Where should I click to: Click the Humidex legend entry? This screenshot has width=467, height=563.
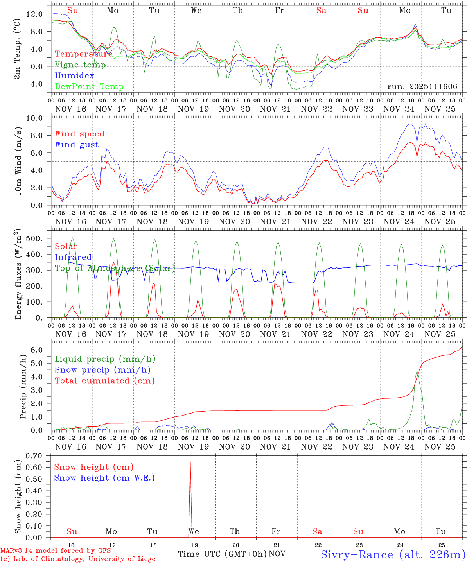pyautogui.click(x=74, y=76)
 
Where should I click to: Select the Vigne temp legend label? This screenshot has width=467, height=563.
pyautogui.click(x=80, y=65)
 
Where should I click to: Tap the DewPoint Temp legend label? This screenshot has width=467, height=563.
pyautogui.click(x=89, y=87)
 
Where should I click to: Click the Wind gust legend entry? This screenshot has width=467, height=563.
pyautogui.click(x=77, y=145)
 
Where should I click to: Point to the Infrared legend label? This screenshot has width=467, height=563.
pyautogui.click(x=73, y=257)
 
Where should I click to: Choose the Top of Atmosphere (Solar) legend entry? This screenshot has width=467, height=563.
pyautogui.click(x=115, y=268)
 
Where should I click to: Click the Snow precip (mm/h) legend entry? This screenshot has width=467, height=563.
pyautogui.click(x=102, y=370)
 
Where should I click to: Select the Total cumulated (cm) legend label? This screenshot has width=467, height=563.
pyautogui.click(x=104, y=381)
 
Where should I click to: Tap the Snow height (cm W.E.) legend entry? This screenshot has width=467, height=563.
pyautogui.click(x=104, y=478)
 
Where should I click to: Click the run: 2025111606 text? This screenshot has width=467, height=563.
pyautogui.click(x=422, y=87)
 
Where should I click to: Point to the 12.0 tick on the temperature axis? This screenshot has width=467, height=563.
pyautogui.click(x=34, y=14)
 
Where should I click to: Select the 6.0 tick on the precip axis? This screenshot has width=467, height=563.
pyautogui.click(x=39, y=350)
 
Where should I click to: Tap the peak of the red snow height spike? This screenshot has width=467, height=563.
pyautogui.click(x=190, y=462)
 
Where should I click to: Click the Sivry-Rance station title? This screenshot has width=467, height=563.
pyautogui.click(x=393, y=554)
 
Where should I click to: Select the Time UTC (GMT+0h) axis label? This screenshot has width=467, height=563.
pyautogui.click(x=222, y=554)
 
